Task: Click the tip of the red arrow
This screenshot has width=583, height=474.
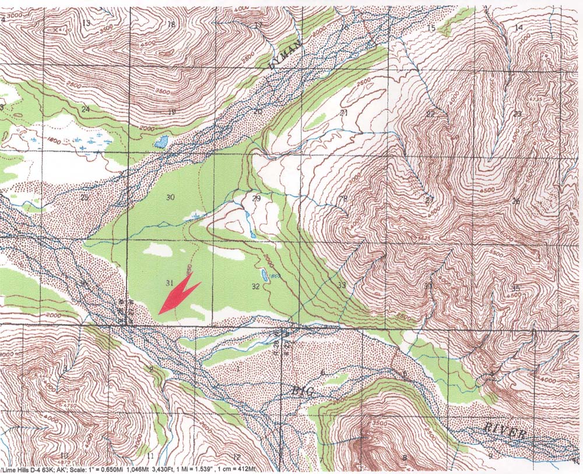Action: click(x=159, y=314)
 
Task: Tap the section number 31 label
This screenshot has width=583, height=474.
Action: click(x=170, y=283)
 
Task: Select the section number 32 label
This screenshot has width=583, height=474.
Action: click(x=255, y=286)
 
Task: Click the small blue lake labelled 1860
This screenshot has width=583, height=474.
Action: click(x=265, y=275)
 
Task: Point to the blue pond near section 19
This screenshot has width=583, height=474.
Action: click(x=161, y=142)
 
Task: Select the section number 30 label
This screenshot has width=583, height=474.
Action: click(x=170, y=198)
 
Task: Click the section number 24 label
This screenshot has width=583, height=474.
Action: click(x=86, y=110)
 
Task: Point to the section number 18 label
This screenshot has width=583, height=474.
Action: click(x=171, y=24)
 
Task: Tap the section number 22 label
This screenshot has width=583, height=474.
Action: click(x=430, y=114)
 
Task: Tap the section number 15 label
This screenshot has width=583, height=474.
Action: click(x=431, y=29)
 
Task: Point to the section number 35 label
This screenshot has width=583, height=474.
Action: click(x=515, y=288)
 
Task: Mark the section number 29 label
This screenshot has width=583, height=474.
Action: click(x=255, y=199)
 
